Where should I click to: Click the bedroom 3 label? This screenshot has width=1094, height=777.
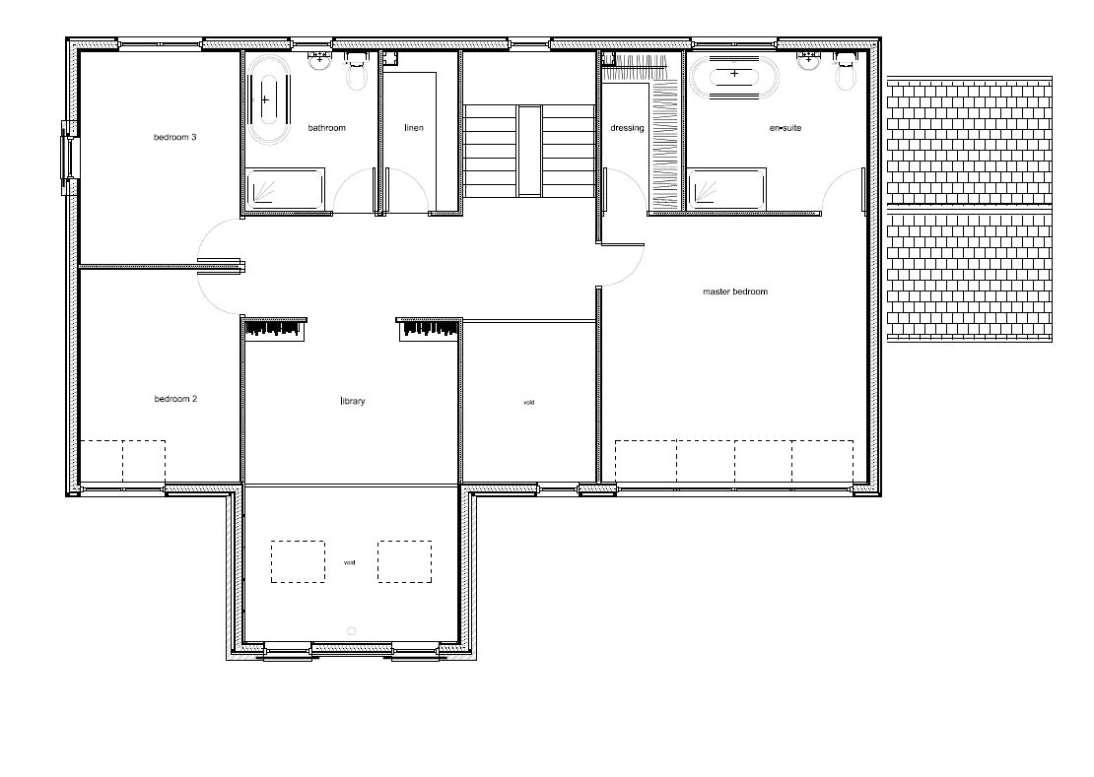pos(175,137)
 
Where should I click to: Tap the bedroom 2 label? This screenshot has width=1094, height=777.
pos(175,399)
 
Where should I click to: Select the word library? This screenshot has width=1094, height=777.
pos(352,402)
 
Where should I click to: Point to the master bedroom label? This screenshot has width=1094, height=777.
pos(734,291)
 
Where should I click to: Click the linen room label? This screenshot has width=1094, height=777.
pos(414,127)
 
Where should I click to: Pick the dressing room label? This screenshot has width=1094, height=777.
pos(627,127)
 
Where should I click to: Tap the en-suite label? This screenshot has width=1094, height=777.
pos(786,127)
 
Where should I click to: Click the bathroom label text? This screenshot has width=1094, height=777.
pos(326,127)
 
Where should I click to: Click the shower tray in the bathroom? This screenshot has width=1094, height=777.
pos(286,188)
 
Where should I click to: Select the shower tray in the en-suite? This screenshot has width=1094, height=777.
pos(727,188)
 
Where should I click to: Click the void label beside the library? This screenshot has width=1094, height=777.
pos(529,402)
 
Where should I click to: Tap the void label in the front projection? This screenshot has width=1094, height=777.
pos(350,562)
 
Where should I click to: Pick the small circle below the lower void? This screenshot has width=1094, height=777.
pos(352,631)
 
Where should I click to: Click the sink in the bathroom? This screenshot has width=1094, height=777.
pos(320,58)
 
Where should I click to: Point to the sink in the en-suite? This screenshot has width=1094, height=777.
pos(809,58)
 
